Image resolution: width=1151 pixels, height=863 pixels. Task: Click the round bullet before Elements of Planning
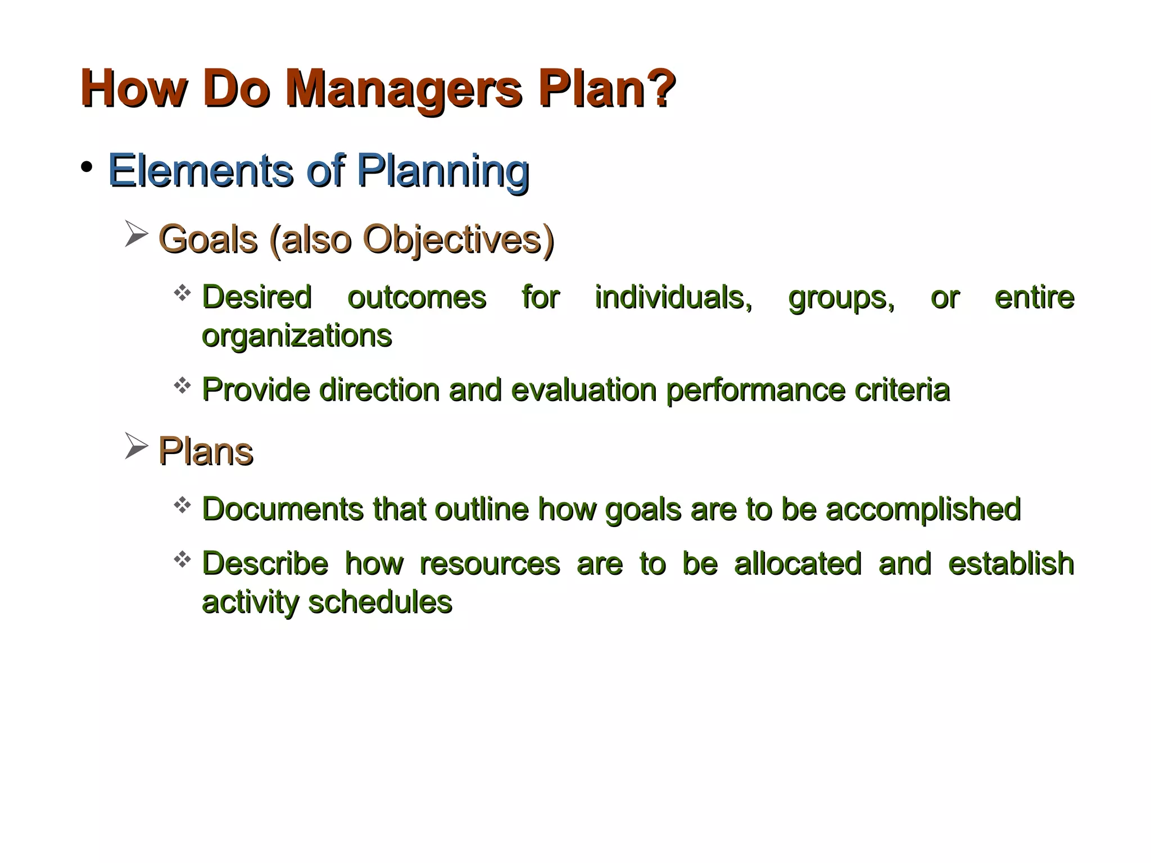coord(86,167)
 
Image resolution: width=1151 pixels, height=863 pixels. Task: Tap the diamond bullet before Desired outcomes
coord(182,292)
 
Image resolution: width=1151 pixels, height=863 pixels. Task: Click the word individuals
coord(673,297)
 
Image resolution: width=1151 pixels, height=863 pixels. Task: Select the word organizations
coord(296,337)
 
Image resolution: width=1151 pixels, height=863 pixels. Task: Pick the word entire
coord(1034,297)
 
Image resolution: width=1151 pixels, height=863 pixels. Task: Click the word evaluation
coord(583,390)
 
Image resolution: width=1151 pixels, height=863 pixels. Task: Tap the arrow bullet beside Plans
coord(136,446)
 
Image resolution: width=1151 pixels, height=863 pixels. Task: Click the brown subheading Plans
coord(206,451)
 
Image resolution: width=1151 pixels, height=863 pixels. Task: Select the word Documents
coord(283,509)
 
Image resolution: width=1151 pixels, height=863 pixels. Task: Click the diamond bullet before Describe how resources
coord(182,559)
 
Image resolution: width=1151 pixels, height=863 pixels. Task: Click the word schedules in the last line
coord(380,602)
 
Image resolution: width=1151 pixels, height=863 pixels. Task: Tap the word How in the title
coord(134,89)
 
